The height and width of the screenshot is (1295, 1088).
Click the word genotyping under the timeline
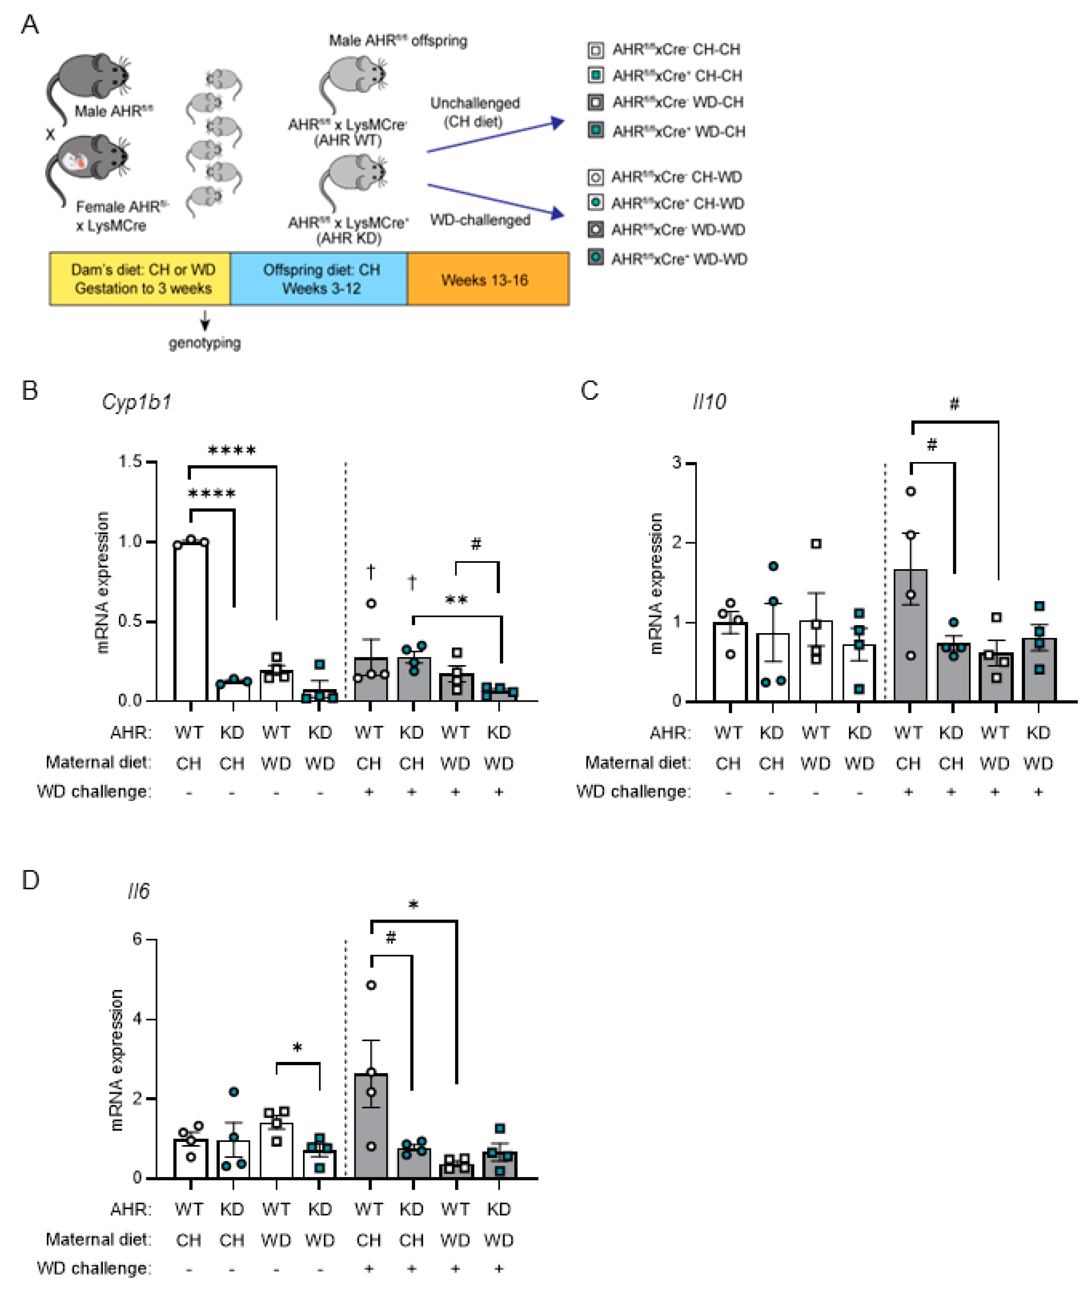click(205, 343)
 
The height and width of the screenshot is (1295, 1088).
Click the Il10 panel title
click(709, 402)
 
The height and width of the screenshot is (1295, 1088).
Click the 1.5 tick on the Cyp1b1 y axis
click(130, 462)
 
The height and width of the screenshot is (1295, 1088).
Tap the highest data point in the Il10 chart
click(910, 492)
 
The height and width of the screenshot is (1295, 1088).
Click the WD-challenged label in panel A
click(480, 220)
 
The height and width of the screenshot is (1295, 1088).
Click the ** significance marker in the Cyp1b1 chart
click(456, 599)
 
